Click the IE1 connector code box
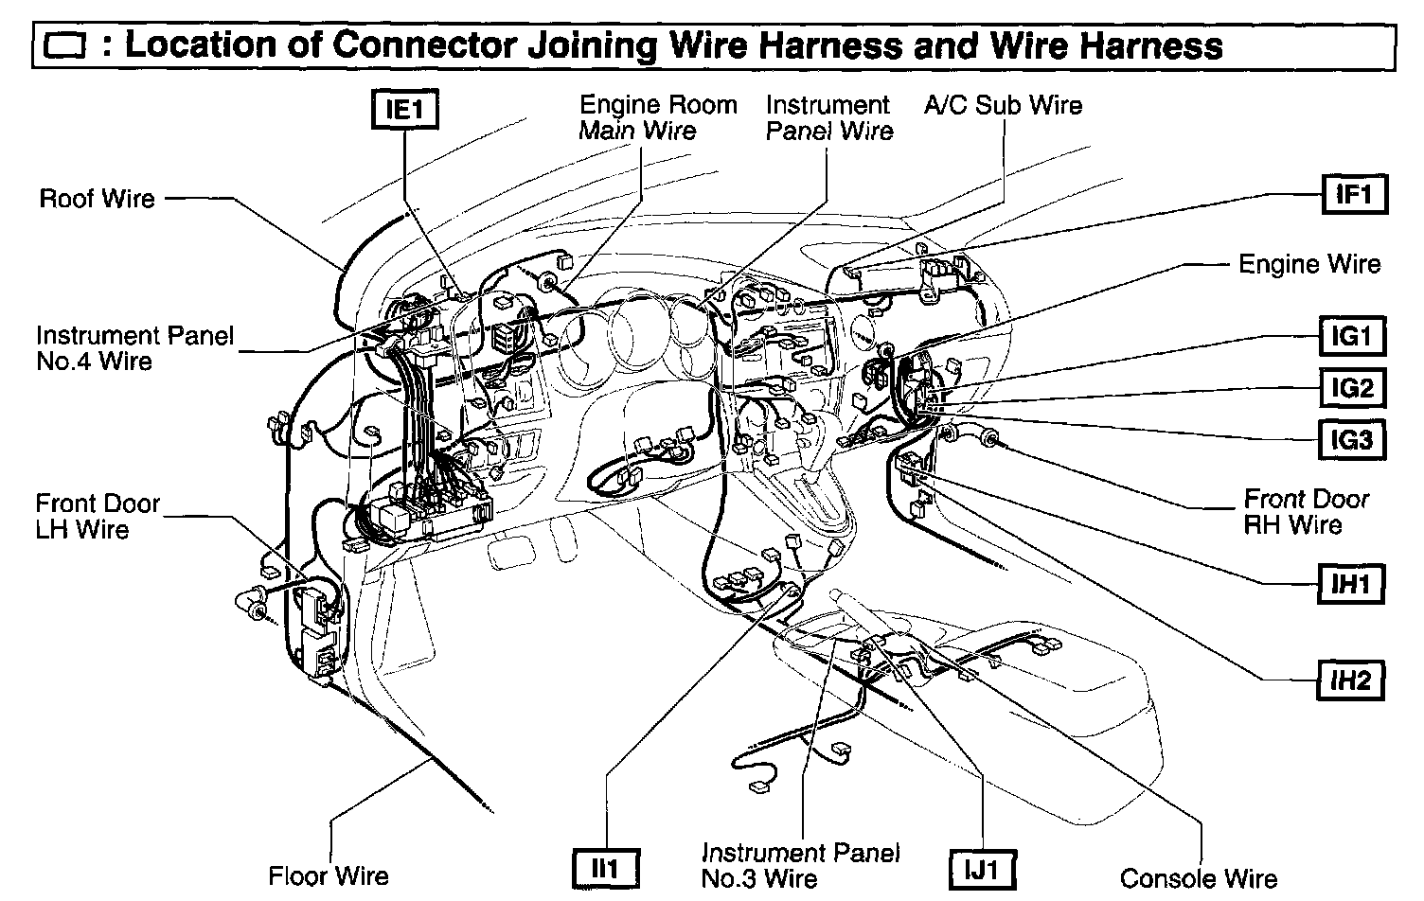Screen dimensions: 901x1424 pyautogui.click(x=404, y=110)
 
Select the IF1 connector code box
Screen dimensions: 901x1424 pyautogui.click(x=1354, y=194)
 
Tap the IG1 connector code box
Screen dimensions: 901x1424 pyautogui.click(x=1352, y=336)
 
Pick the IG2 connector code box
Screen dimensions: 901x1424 pyautogui.click(x=1352, y=388)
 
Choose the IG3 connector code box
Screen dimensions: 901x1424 pyautogui.click(x=1352, y=440)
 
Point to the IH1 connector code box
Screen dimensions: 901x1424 pyautogui.click(x=1352, y=584)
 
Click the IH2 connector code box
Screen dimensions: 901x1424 pyautogui.click(x=1352, y=680)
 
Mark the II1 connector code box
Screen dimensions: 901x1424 pyautogui.click(x=605, y=869)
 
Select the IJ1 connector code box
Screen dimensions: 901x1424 pyautogui.click(x=983, y=869)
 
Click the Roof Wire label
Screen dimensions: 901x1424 pyautogui.click(x=97, y=199)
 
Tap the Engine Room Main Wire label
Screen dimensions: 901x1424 pyautogui.click(x=657, y=117)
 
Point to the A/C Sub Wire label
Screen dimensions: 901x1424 pyautogui.click(x=1003, y=105)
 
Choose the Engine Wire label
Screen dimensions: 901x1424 pyautogui.click(x=1309, y=264)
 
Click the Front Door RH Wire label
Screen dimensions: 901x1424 pyautogui.click(x=1306, y=511)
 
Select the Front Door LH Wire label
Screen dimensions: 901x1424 pyautogui.click(x=98, y=516)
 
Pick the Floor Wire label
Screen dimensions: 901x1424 pyautogui.click(x=329, y=875)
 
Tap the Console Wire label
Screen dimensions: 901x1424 pyautogui.click(x=1198, y=878)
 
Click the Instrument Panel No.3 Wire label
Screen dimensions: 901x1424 pyautogui.click(x=801, y=865)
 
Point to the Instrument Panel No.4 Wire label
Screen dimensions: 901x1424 pyautogui.click(x=134, y=347)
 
